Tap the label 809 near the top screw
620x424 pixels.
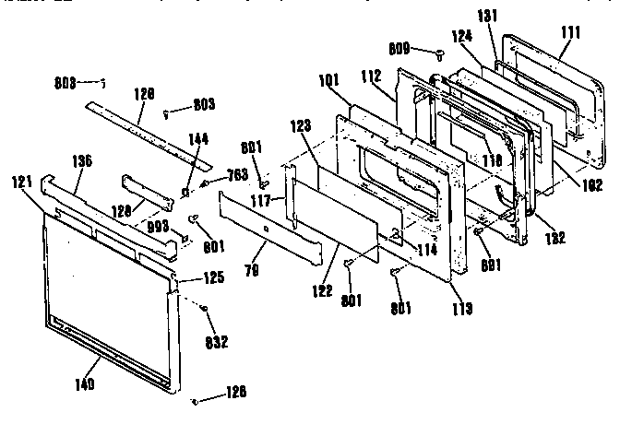click(x=399, y=51)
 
